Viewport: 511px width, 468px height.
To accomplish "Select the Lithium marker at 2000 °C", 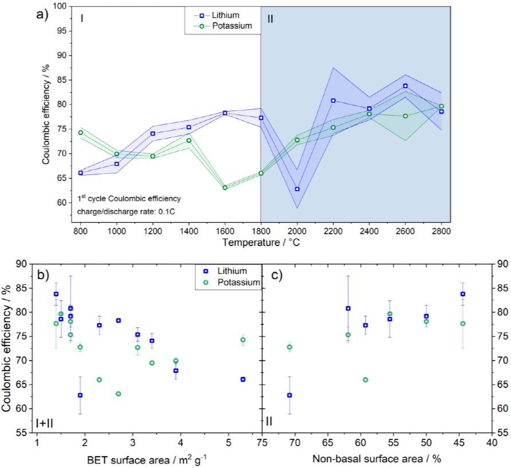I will (x=297, y=189).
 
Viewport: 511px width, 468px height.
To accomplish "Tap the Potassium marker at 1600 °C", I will (x=225, y=187).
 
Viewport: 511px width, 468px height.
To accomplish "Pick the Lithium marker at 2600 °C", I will (x=405, y=86).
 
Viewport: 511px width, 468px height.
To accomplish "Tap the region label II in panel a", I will (x=270, y=19).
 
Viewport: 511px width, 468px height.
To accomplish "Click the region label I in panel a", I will (x=82, y=19).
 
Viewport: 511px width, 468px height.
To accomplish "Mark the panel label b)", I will (x=44, y=275).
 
